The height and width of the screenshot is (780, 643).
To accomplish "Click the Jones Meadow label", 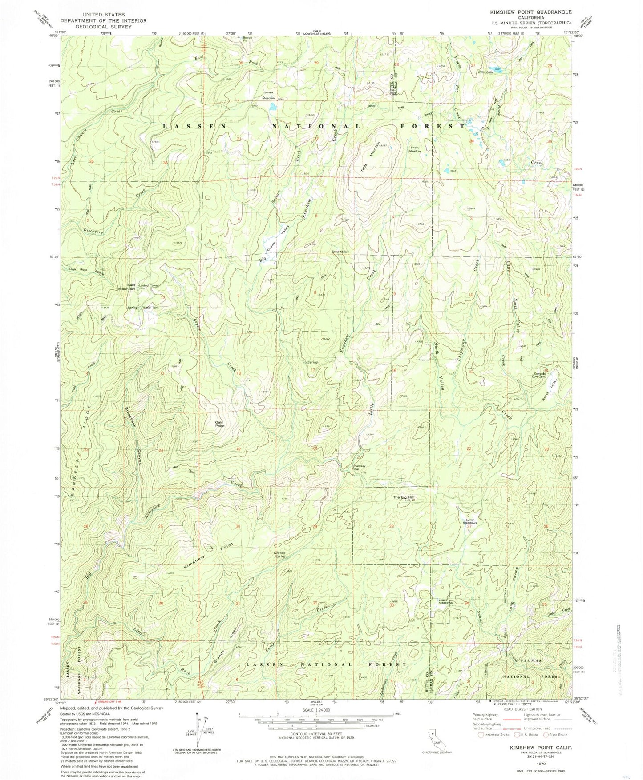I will (x=268, y=96).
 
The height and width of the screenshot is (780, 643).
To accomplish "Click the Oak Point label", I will (x=220, y=424).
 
